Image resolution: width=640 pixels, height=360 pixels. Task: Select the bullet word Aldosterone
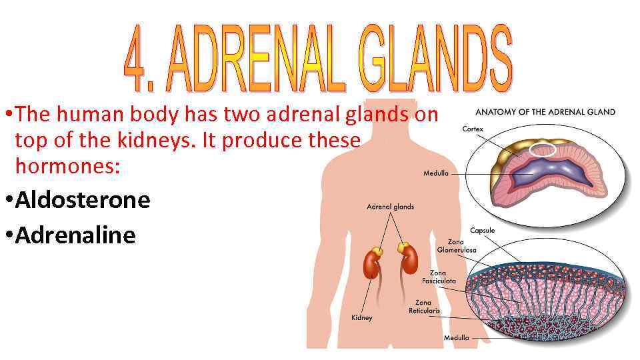coord(83,199)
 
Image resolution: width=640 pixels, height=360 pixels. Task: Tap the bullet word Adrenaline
coord(75,235)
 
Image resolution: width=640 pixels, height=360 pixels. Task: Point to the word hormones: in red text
coord(67,167)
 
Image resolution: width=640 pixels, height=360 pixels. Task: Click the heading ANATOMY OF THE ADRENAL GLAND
coord(545,112)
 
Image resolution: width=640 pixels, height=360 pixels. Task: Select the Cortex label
coord(473,129)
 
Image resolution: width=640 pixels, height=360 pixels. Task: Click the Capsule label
coord(482,231)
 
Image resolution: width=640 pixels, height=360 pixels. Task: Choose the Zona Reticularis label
coord(424,307)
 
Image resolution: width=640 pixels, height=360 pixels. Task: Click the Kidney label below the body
coord(362,317)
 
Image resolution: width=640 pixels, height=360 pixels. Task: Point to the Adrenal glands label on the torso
coord(390,207)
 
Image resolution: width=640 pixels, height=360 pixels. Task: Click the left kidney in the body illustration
coord(371,263)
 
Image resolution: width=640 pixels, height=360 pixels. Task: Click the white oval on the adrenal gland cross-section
coord(542,150)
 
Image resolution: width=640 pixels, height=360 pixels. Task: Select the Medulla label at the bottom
coord(456,337)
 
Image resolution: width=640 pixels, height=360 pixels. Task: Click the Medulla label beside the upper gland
coord(436,174)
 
